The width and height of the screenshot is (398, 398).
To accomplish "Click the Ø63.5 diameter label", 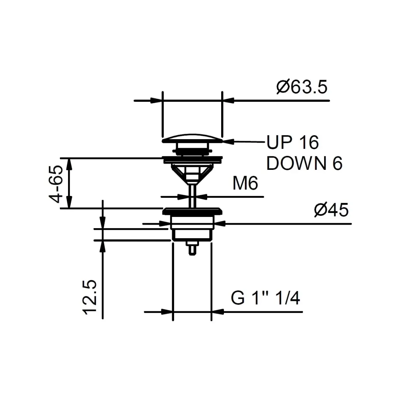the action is point(302,87).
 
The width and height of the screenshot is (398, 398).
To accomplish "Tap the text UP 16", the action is point(292,142).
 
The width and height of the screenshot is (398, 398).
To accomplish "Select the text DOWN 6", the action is point(304,163).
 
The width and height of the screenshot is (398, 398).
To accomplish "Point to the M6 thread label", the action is point(245,183).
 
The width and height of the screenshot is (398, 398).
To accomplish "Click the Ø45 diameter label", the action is point(331,210).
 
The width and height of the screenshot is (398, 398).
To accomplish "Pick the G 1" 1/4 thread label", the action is point(265,298).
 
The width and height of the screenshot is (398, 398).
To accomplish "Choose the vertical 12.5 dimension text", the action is point(90,297).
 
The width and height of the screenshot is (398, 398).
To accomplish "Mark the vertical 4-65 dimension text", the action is point(56,184).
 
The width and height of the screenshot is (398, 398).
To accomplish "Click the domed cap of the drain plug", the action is point(192,138).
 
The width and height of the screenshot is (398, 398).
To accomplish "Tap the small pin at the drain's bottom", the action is point(192,248).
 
